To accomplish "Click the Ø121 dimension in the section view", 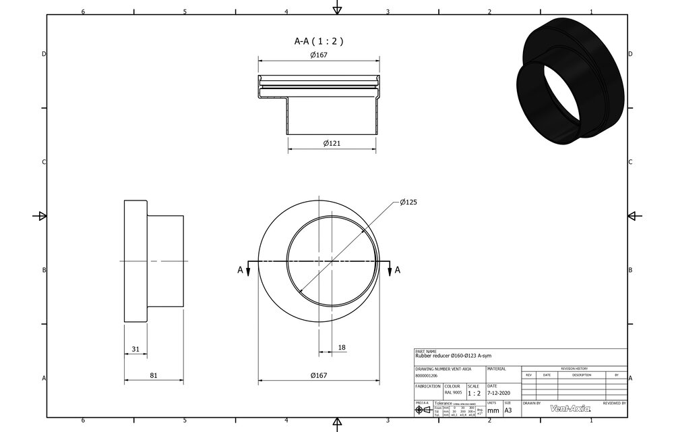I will pyautogui.click(x=330, y=143).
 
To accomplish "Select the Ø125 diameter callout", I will pyautogui.click(x=409, y=202).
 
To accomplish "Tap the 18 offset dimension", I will pyautogui.click(x=341, y=347).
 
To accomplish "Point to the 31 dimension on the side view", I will pyautogui.click(x=135, y=349).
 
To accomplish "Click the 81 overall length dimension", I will pyautogui.click(x=154, y=375).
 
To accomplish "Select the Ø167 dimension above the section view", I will pyautogui.click(x=319, y=55).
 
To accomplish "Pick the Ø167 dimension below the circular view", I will pyautogui.click(x=319, y=375).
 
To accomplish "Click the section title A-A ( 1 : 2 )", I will pyautogui.click(x=319, y=40).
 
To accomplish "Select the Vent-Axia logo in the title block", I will pyautogui.click(x=570, y=408).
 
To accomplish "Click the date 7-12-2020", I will pyautogui.click(x=499, y=393).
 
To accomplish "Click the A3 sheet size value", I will pyautogui.click(x=508, y=410).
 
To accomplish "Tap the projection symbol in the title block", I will pyautogui.click(x=423, y=410).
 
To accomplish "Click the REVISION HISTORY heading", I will pyautogui.click(x=574, y=369).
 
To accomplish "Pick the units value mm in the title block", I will pyautogui.click(x=493, y=410).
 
